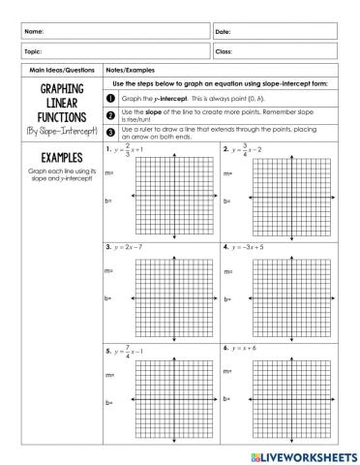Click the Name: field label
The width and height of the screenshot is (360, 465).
click(x=34, y=33)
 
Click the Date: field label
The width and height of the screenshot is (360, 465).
click(x=225, y=33)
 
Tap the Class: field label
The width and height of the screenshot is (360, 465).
click(x=225, y=51)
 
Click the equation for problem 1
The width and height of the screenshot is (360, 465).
click(x=131, y=150)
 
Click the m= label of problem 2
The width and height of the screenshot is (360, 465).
click(x=227, y=173)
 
